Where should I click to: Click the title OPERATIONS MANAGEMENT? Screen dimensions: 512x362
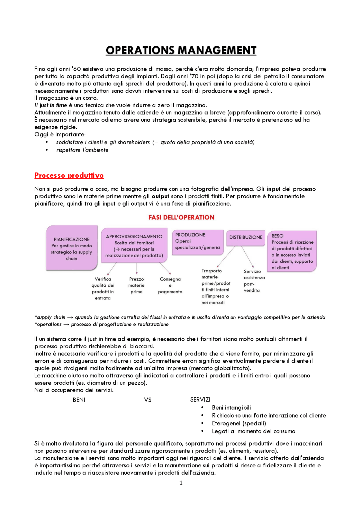[181, 50]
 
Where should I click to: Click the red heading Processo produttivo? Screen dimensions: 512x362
[69, 175]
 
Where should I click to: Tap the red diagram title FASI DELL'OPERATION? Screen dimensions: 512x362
[181, 217]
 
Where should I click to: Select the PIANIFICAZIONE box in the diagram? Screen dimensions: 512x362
[72, 248]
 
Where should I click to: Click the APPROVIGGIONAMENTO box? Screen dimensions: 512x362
[134, 245]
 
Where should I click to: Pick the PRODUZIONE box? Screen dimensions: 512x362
[197, 242]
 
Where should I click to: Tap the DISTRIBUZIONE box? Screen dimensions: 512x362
[245, 237]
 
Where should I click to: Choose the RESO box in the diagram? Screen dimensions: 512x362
[292, 251]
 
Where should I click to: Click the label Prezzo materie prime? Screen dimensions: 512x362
[136, 285]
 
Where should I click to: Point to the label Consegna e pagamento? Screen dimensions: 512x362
[170, 285]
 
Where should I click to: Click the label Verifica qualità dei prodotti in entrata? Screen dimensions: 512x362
[103, 288]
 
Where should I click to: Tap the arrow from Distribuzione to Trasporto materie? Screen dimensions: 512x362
[226, 256]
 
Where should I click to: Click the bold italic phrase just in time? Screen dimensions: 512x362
[53, 105]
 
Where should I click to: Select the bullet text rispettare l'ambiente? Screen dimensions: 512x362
[82, 150]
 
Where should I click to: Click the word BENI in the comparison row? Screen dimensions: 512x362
[79, 400]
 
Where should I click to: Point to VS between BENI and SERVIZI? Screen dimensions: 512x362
[148, 400]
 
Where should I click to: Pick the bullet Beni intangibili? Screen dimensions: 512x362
[231, 407]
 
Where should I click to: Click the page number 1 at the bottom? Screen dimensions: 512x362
[181, 483]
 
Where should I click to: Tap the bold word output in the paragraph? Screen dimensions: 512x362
[160, 196]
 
